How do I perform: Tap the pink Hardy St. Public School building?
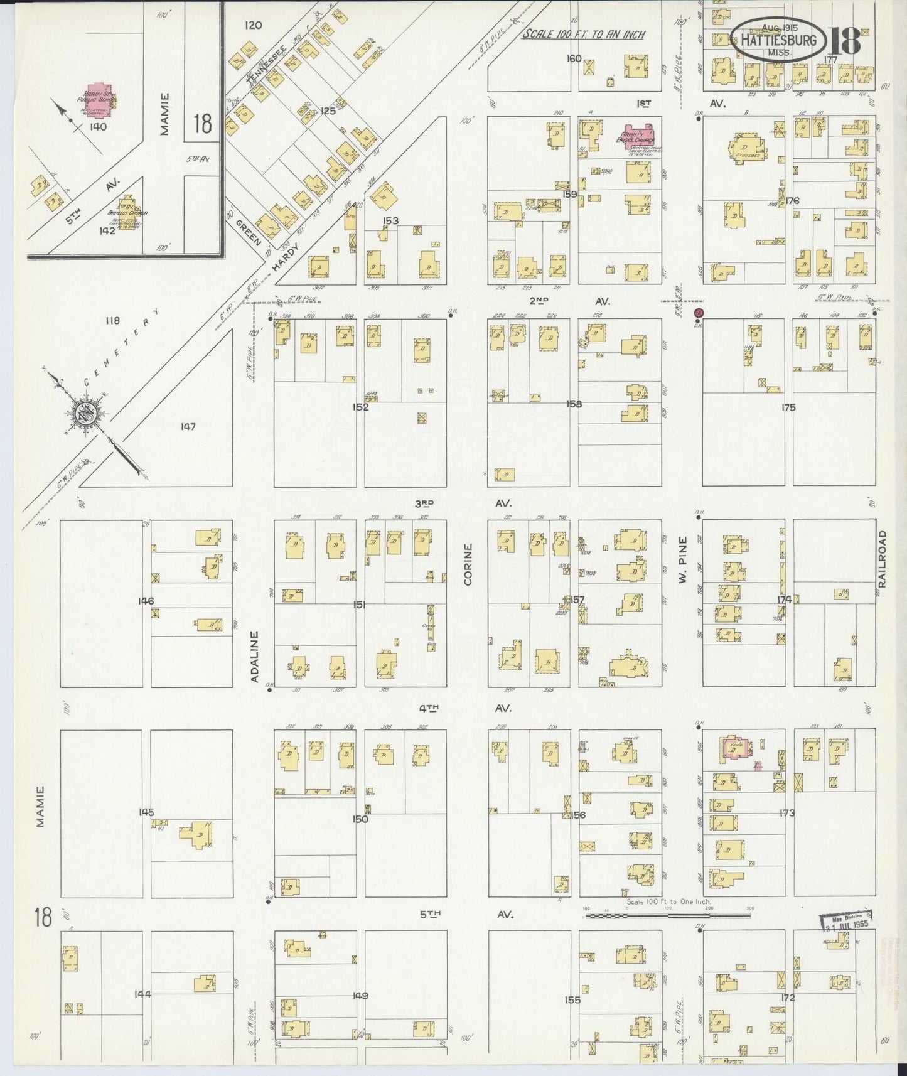[x=99, y=98]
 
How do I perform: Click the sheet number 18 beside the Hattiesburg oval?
[x=845, y=42]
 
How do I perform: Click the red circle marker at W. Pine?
[x=698, y=313]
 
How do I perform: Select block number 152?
[x=360, y=407]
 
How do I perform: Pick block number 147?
[x=188, y=427]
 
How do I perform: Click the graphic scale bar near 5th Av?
[x=668, y=916]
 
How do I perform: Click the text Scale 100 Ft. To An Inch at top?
[x=584, y=35]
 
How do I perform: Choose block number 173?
[x=786, y=813]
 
